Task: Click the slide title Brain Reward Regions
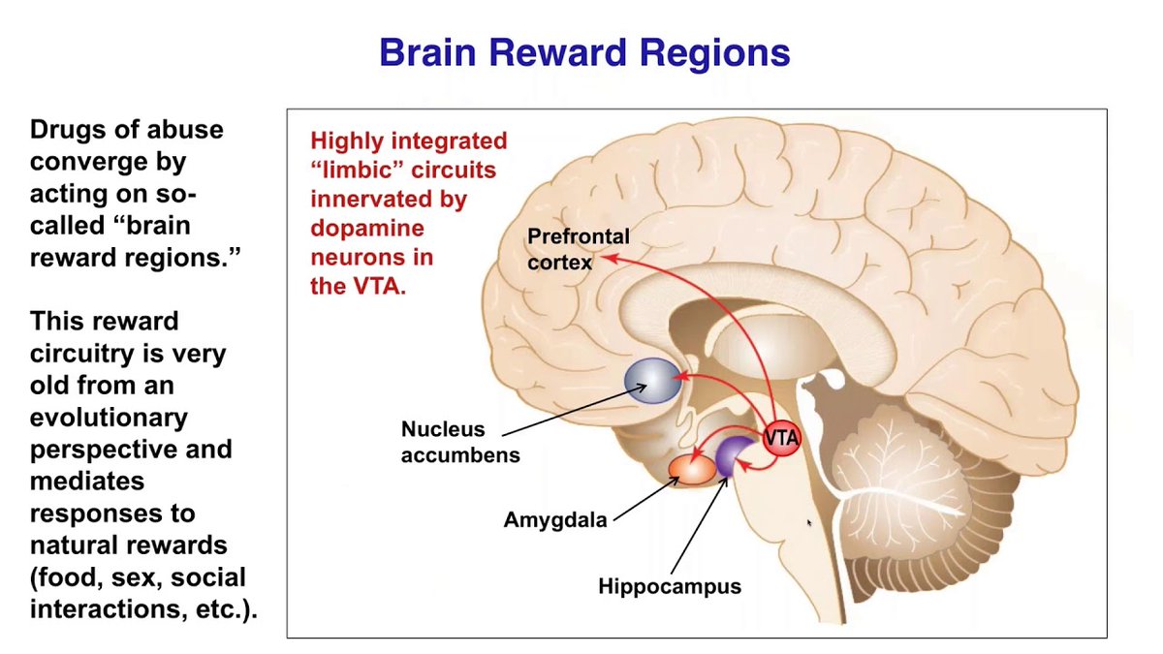(x=584, y=52)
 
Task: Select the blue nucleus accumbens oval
(x=652, y=380)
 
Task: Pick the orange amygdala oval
(x=691, y=468)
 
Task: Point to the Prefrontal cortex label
(x=578, y=248)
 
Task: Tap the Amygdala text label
(x=555, y=519)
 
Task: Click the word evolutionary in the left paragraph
(x=109, y=418)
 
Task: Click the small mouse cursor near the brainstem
(x=809, y=522)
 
